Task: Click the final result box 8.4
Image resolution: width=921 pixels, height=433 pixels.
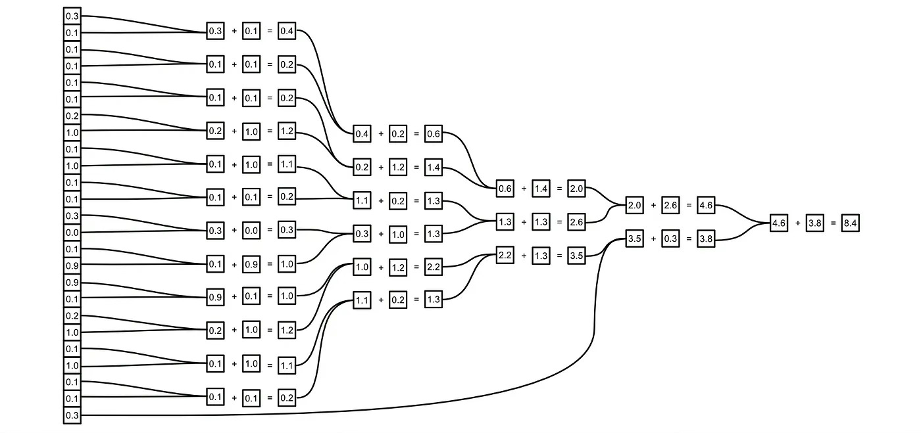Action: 850,223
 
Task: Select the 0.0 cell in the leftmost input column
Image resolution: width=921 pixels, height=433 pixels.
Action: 72,232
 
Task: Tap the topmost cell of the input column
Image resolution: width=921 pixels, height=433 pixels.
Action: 72,15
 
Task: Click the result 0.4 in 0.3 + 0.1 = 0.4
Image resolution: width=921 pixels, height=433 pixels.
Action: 287,31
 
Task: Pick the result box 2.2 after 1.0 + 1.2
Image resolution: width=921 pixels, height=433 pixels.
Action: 433,267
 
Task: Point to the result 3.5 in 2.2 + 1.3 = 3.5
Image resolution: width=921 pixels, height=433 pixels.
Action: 576,256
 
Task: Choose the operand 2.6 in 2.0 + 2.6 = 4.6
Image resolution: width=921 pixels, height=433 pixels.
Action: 671,206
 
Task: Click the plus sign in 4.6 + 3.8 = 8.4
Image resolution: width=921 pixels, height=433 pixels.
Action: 797,223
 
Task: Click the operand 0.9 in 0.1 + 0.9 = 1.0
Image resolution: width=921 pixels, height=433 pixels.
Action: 251,264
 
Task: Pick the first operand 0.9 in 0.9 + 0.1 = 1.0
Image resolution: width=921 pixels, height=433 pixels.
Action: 215,297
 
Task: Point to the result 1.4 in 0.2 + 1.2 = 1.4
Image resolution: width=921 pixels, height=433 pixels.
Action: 433,168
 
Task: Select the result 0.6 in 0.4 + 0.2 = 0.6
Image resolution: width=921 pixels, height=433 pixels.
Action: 433,135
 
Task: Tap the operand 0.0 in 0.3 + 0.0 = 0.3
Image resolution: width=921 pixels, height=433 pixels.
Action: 251,231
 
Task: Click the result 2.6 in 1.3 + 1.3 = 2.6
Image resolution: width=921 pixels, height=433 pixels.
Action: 576,223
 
